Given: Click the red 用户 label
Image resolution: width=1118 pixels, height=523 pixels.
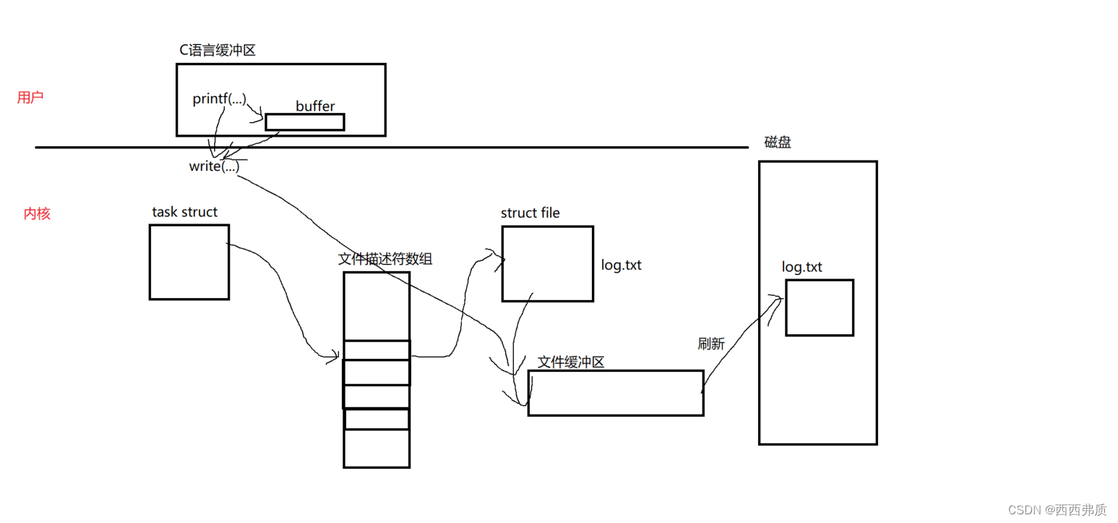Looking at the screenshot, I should (30, 98).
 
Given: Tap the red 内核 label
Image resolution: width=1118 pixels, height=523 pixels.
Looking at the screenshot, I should (37, 214).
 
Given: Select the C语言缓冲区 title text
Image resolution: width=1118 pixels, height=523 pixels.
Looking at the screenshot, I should (218, 50).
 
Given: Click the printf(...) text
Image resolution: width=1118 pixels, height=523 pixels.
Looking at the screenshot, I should (220, 99).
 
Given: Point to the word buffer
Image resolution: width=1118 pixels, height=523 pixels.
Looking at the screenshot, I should (315, 106).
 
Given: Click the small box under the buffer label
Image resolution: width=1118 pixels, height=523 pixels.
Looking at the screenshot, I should (304, 122).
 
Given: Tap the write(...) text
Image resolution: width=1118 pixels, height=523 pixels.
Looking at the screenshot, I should (214, 166).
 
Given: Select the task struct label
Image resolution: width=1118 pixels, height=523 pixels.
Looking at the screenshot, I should (184, 212).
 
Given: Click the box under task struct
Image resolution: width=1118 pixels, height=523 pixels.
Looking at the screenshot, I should (189, 262).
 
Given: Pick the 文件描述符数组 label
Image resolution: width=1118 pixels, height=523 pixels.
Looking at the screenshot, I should (385, 259).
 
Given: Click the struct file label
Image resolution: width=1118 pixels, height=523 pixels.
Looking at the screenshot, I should (530, 213).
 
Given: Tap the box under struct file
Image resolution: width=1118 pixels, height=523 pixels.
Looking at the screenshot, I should (547, 263).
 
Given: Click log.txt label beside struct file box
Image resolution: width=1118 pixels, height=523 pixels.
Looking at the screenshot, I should (621, 265).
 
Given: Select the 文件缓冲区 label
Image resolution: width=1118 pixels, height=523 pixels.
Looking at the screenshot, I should (571, 362).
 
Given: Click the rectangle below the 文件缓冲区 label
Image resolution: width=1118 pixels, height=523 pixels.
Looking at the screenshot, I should (615, 393).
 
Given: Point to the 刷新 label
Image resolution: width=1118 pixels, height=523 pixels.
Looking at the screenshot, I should (710, 344).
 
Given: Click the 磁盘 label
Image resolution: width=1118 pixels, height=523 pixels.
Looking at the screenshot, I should (778, 143).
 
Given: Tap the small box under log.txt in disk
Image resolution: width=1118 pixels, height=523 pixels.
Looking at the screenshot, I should (819, 307).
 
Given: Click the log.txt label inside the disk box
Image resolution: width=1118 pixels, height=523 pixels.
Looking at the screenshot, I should (801, 268).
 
